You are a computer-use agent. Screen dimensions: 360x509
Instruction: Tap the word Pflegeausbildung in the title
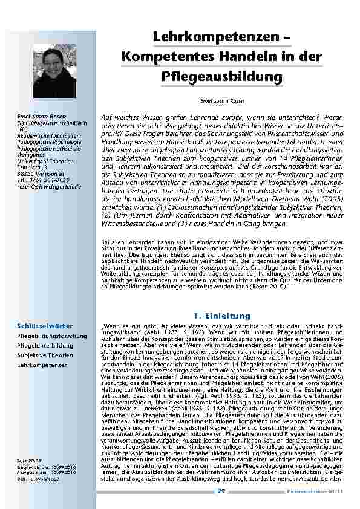[222, 77]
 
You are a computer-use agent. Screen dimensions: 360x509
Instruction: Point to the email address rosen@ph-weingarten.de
[49, 187]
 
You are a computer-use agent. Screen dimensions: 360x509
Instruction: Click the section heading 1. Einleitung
[221, 316]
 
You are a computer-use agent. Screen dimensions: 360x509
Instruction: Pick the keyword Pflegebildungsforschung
[51, 336]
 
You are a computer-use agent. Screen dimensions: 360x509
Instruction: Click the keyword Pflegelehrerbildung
[45, 346]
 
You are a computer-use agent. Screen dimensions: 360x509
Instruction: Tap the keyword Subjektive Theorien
[44, 355]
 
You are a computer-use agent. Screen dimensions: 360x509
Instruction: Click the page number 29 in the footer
[221, 491]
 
